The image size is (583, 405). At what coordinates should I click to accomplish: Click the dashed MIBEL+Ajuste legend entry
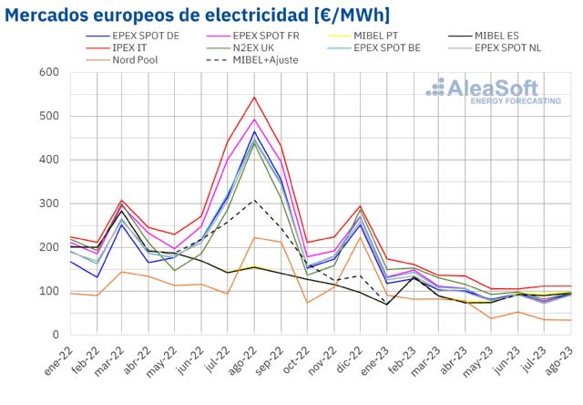264,60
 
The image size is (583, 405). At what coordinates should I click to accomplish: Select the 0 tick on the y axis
54,335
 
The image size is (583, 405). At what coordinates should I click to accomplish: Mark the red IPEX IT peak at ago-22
254,97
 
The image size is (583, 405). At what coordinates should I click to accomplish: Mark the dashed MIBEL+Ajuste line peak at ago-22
254,201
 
